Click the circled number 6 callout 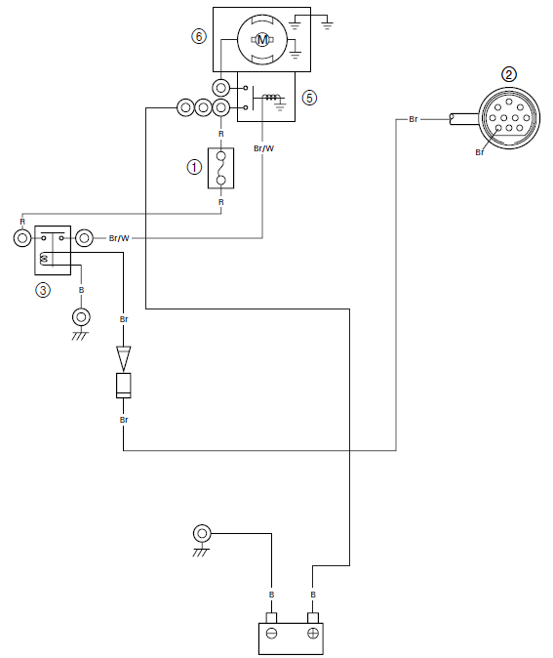pyautogui.click(x=199, y=36)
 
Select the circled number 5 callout pyautogui.click(x=309, y=98)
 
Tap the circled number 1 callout pyautogui.click(x=194, y=168)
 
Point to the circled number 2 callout pyautogui.click(x=509, y=75)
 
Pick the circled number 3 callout pyautogui.click(x=43, y=290)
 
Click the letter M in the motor pyautogui.click(x=262, y=40)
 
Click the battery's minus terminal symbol pyautogui.click(x=271, y=634)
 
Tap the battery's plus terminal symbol pyautogui.click(x=313, y=634)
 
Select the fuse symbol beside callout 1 pyautogui.click(x=221, y=168)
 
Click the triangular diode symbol pyautogui.click(x=123, y=358)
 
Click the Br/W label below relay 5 pyautogui.click(x=263, y=148)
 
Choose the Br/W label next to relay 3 pyautogui.click(x=119, y=238)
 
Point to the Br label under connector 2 pyautogui.click(x=480, y=152)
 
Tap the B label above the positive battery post pyautogui.click(x=313, y=595)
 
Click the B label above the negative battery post pyautogui.click(x=272, y=595)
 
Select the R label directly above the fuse pyautogui.click(x=221, y=134)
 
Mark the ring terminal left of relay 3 pyautogui.click(x=22, y=238)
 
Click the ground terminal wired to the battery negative pyautogui.click(x=202, y=534)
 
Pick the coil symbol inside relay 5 pyautogui.click(x=270, y=98)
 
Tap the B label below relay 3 pyautogui.click(x=81, y=290)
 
